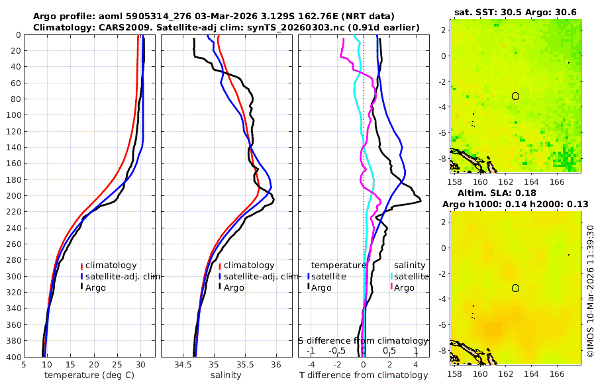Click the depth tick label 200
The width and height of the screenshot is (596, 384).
[12, 195]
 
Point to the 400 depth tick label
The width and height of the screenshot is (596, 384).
[12, 357]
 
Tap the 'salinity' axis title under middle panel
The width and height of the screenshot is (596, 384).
[225, 375]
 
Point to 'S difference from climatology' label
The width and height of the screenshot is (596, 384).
[363, 340]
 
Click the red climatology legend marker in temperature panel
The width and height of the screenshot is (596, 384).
[81, 265]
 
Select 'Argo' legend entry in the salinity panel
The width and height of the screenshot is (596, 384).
[234, 287]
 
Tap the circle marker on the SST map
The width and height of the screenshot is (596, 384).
[515, 96]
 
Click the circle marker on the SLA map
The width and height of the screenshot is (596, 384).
[515, 288]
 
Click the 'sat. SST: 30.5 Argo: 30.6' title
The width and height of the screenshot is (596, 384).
[515, 13]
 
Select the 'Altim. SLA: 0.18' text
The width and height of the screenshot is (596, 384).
[515, 193]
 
